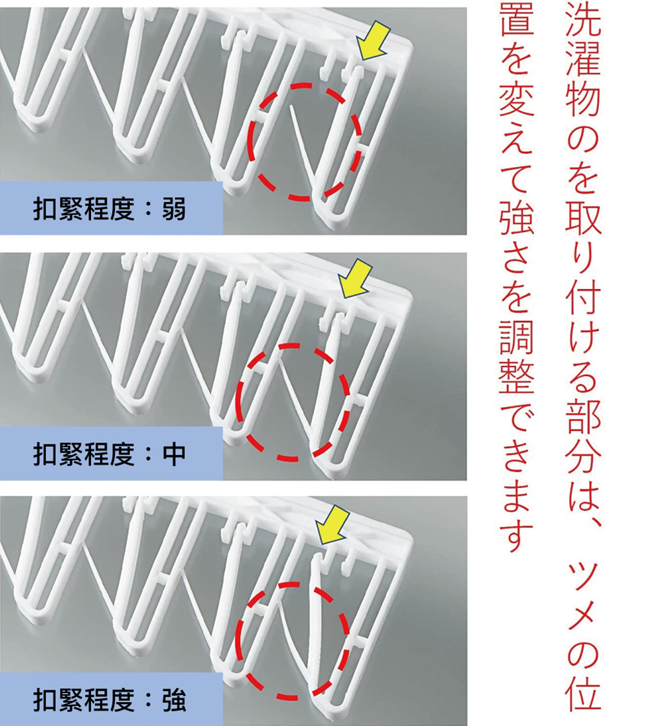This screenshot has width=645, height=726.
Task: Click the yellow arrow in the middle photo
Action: point(355,279)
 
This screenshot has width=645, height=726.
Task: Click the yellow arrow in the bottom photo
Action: point(332,525)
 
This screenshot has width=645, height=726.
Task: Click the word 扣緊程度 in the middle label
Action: point(84,454)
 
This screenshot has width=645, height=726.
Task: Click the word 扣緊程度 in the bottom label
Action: point(84,700)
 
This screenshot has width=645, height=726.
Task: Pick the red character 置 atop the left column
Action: point(517,26)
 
